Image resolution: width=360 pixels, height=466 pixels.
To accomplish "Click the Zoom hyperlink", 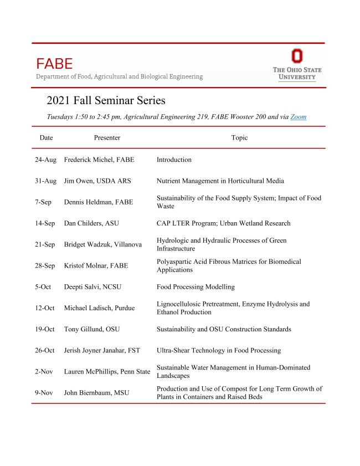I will (298, 117).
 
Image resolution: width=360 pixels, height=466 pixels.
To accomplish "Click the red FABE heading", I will (54, 64).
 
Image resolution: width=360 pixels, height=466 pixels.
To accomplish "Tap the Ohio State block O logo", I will (297, 56).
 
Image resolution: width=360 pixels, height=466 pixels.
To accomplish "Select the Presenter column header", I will (107, 138).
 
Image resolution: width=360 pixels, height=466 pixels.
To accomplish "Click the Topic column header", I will (239, 138).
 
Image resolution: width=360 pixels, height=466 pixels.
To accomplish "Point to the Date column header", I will (46, 138).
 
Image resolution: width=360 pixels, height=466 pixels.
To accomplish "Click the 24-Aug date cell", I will (45, 160).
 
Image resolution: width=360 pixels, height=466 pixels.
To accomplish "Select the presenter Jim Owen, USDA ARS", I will (97, 181).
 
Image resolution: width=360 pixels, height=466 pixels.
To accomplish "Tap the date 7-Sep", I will (43, 202).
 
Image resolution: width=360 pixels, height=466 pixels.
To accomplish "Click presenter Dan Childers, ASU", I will (91, 223).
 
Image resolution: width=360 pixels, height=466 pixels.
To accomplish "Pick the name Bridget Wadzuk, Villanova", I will (104, 245).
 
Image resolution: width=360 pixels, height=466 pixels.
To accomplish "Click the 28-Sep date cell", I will (45, 266).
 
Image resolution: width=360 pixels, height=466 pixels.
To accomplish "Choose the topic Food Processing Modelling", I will (196, 287).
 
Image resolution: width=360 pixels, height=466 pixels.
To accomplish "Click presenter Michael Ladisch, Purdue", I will (99, 308).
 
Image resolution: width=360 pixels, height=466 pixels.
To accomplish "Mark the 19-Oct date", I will (45, 329).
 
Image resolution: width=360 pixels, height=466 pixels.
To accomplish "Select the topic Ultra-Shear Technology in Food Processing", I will (219, 350).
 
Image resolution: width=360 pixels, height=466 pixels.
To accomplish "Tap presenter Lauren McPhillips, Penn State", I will (107, 372).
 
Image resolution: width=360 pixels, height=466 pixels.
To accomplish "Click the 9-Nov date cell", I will (44, 393).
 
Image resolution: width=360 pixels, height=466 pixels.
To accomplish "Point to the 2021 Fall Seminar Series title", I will (106, 101).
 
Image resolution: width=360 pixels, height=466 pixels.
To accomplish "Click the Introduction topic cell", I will (174, 160).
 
